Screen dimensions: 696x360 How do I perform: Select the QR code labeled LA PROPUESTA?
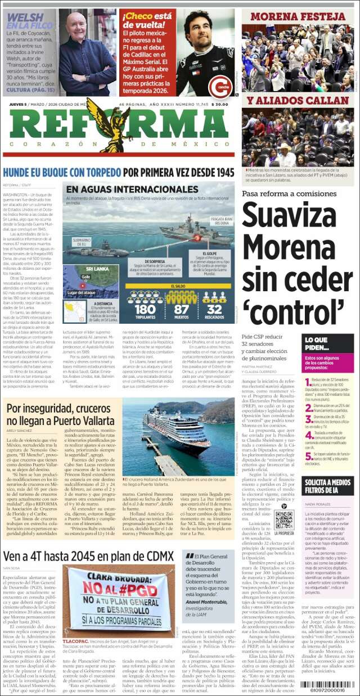pyautogui.click(x=284, y=520)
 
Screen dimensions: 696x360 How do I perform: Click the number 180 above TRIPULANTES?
pyautogui.click(x=145, y=309)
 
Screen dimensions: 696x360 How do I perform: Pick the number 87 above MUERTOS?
pyautogui.click(x=182, y=309)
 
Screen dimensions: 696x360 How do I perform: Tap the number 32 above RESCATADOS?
pyautogui.click(x=214, y=309)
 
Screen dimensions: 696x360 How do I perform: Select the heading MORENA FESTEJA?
pyautogui.click(x=298, y=16)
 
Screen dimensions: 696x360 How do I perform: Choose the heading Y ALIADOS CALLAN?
pyautogui.click(x=298, y=101)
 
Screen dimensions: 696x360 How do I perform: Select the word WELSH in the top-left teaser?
pyautogui.click(x=25, y=18)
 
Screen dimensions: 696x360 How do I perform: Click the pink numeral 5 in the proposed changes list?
pyautogui.click(x=308, y=455)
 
